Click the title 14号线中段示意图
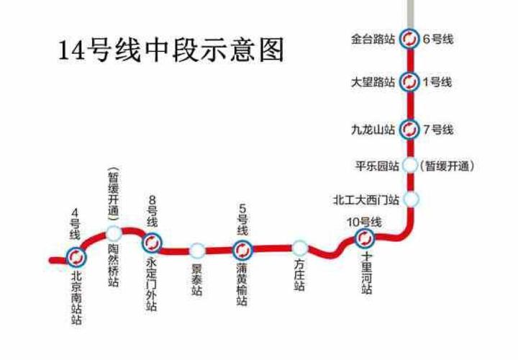coord(171,50)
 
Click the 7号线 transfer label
coord(438,130)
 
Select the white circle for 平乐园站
coord(410,165)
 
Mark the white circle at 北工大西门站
coord(412,199)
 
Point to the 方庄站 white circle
coord(300,248)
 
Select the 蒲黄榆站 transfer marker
coord(242,250)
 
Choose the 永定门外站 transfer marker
coord(151,242)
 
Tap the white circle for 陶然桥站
coord(113,233)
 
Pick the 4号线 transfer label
coord(75,224)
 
